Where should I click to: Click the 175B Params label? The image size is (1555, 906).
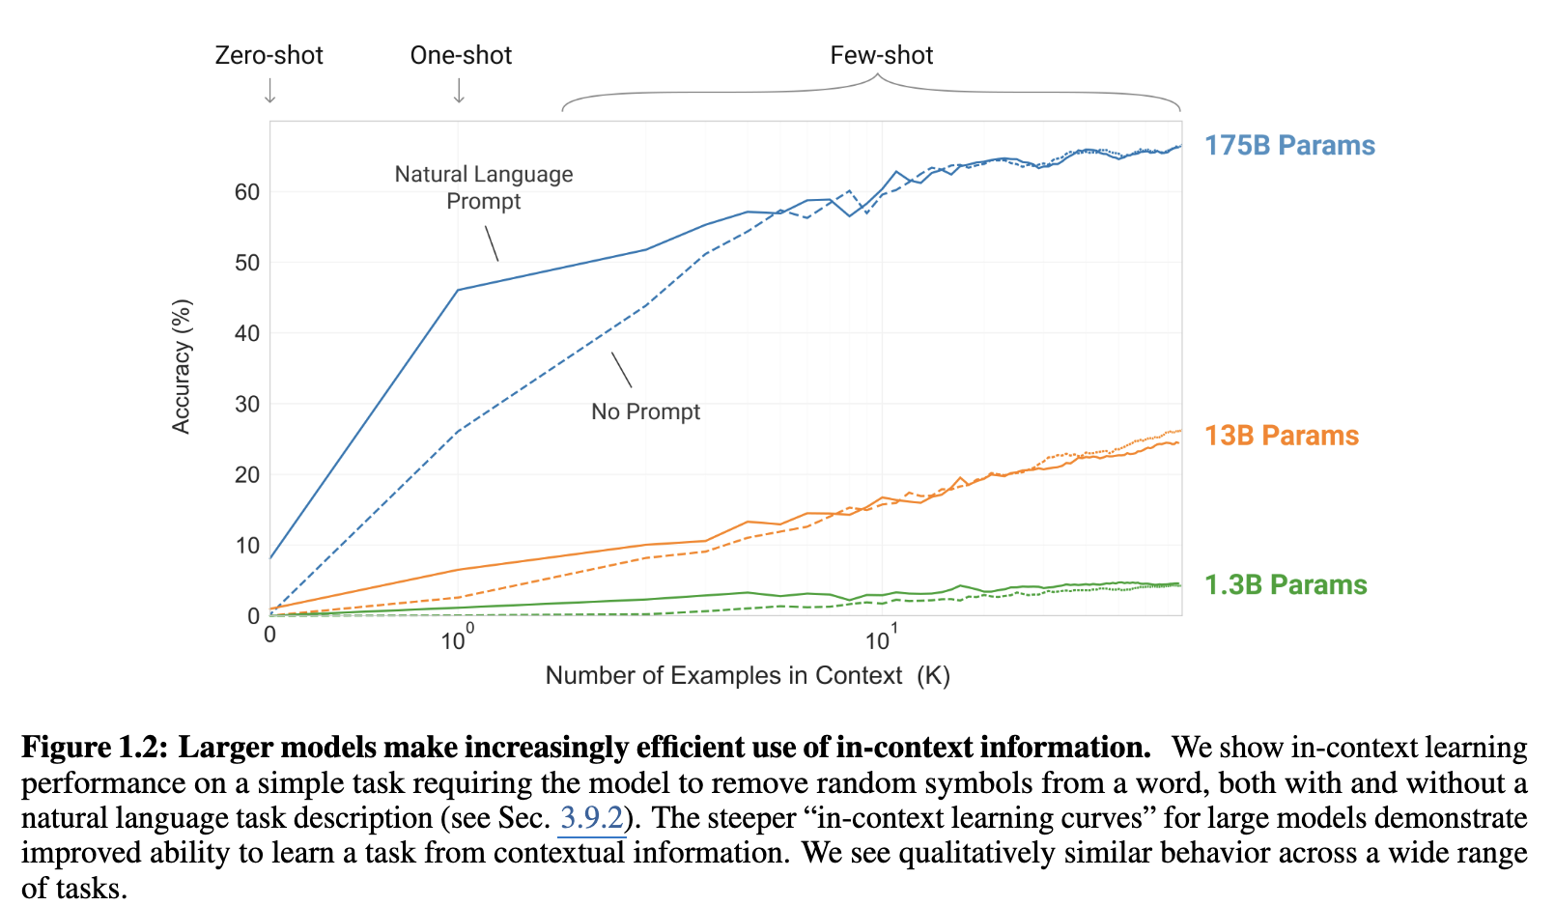[x=1288, y=146]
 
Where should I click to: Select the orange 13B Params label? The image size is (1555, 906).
[x=1281, y=436]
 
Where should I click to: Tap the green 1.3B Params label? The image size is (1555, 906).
[x=1285, y=585]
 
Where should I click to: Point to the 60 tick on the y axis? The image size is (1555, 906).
[x=247, y=192]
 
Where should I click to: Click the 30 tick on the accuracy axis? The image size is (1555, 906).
[x=247, y=404]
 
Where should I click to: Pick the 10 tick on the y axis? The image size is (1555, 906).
[x=247, y=546]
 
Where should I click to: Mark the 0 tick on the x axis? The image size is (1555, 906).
[x=269, y=635]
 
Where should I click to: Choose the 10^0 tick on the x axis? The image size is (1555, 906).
[x=457, y=638]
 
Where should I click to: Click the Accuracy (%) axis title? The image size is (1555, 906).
[x=182, y=366]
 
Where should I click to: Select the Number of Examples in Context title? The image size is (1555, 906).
[x=747, y=675]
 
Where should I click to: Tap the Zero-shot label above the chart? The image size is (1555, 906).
[x=269, y=55]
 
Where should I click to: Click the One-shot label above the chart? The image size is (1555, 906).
[x=461, y=55]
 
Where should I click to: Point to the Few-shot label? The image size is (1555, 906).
[x=881, y=55]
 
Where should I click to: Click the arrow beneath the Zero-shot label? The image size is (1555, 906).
[x=270, y=91]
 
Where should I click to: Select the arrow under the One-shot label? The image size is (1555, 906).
[x=460, y=91]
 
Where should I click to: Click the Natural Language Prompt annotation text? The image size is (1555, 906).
[x=484, y=187]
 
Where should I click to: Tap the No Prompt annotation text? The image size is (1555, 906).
[x=645, y=411]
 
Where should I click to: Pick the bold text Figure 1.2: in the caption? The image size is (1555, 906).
[x=95, y=748]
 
